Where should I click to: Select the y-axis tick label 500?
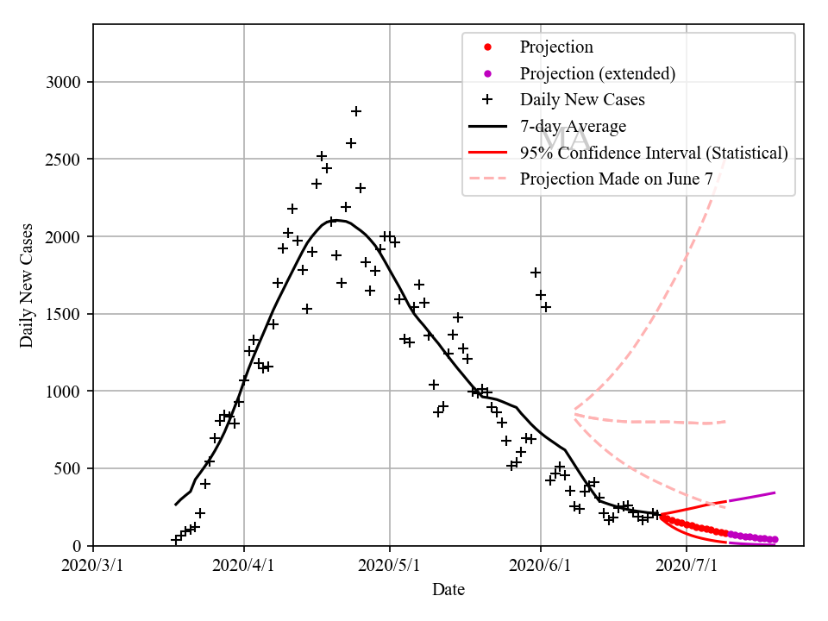click(x=72, y=468)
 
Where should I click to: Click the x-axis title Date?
click(x=448, y=591)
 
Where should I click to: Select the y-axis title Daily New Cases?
click(x=27, y=285)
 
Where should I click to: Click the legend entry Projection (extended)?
click(x=597, y=73)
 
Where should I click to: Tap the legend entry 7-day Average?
click(x=573, y=127)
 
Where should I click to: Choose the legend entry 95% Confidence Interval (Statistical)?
click(x=654, y=153)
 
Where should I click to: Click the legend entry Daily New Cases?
click(x=582, y=100)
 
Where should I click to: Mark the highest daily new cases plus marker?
click(x=355, y=111)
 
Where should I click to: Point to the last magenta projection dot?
click(x=775, y=540)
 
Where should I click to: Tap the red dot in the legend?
click(x=487, y=47)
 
